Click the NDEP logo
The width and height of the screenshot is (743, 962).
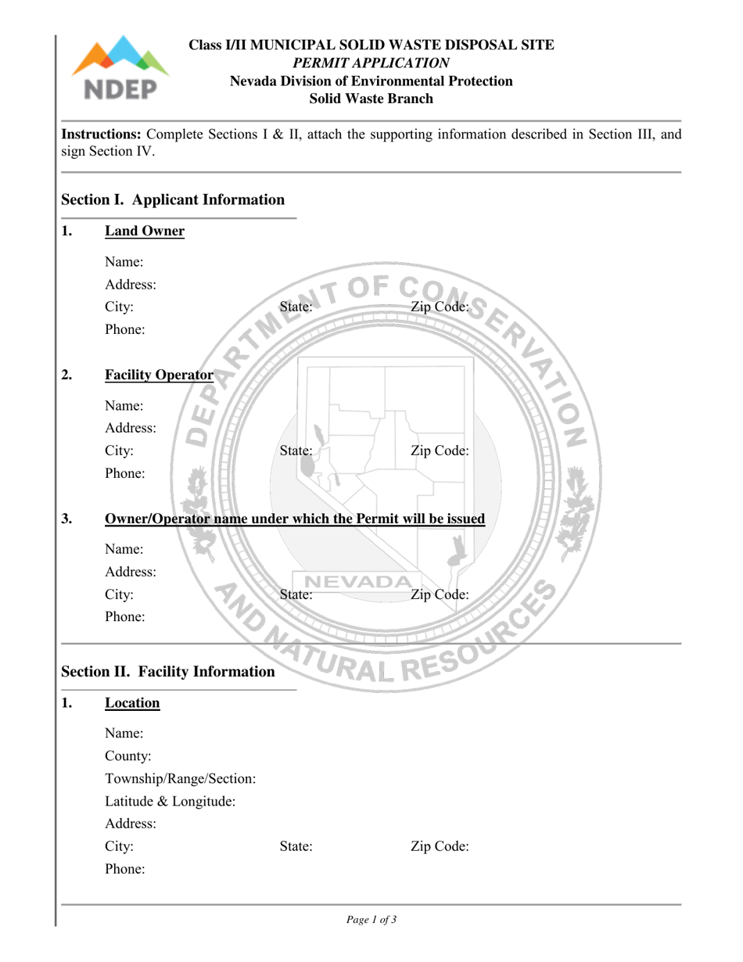(x=120, y=70)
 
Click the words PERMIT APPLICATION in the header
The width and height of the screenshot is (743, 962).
(x=371, y=63)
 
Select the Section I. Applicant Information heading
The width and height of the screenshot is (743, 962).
(x=173, y=200)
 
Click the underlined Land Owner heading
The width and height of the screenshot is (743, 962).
(x=145, y=231)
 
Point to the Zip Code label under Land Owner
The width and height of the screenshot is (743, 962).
(x=440, y=307)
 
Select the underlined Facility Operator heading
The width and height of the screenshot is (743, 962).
(x=160, y=375)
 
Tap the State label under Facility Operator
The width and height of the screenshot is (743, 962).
(x=296, y=451)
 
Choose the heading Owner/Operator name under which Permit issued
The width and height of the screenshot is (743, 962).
(x=295, y=519)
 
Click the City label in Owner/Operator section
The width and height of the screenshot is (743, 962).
(x=120, y=594)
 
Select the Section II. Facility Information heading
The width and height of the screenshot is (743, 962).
(x=167, y=672)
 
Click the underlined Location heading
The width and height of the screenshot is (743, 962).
(x=132, y=703)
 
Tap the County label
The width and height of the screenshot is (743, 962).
(x=128, y=756)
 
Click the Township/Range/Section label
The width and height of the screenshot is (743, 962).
(x=181, y=779)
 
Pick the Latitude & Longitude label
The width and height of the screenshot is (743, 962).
(x=170, y=801)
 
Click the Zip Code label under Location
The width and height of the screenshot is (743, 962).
(x=440, y=846)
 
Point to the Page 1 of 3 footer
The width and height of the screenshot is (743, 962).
(x=371, y=921)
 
